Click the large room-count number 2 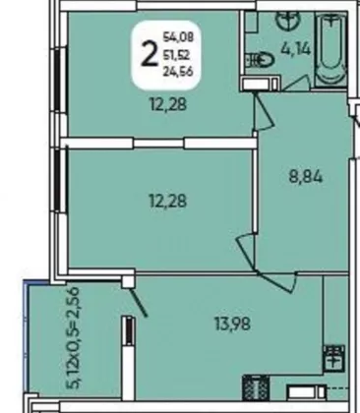tap(150, 54)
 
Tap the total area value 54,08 tap(178, 36)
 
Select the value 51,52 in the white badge tap(176, 55)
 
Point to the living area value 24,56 tap(178, 71)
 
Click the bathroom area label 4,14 tap(295, 49)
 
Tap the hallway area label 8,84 tap(306, 177)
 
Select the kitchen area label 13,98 tap(232, 324)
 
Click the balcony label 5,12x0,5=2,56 tap(75, 337)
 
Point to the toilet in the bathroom tap(261, 60)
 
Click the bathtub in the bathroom tap(330, 49)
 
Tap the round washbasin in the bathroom tap(288, 20)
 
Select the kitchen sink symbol tap(333, 358)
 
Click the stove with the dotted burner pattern tap(256, 388)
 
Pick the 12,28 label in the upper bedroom tap(168, 104)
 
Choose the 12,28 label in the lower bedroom tap(168, 201)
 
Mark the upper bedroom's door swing tap(264, 112)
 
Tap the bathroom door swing tap(297, 83)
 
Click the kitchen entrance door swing tap(278, 281)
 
